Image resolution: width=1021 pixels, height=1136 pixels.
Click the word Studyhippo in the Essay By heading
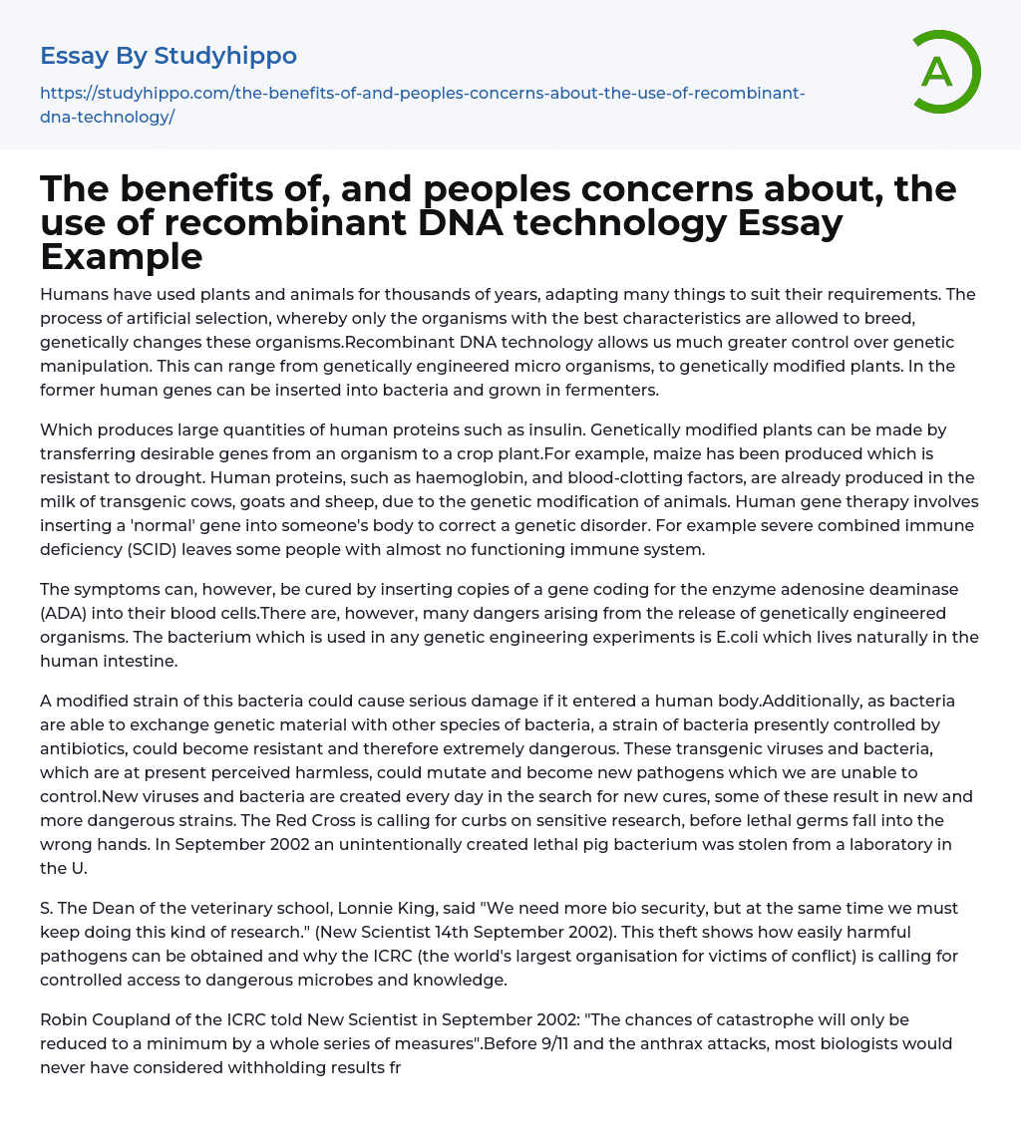click(225, 56)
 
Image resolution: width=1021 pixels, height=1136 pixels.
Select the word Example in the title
click(122, 257)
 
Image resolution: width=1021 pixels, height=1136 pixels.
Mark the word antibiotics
click(86, 748)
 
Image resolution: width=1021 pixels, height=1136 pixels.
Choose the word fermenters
click(613, 390)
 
